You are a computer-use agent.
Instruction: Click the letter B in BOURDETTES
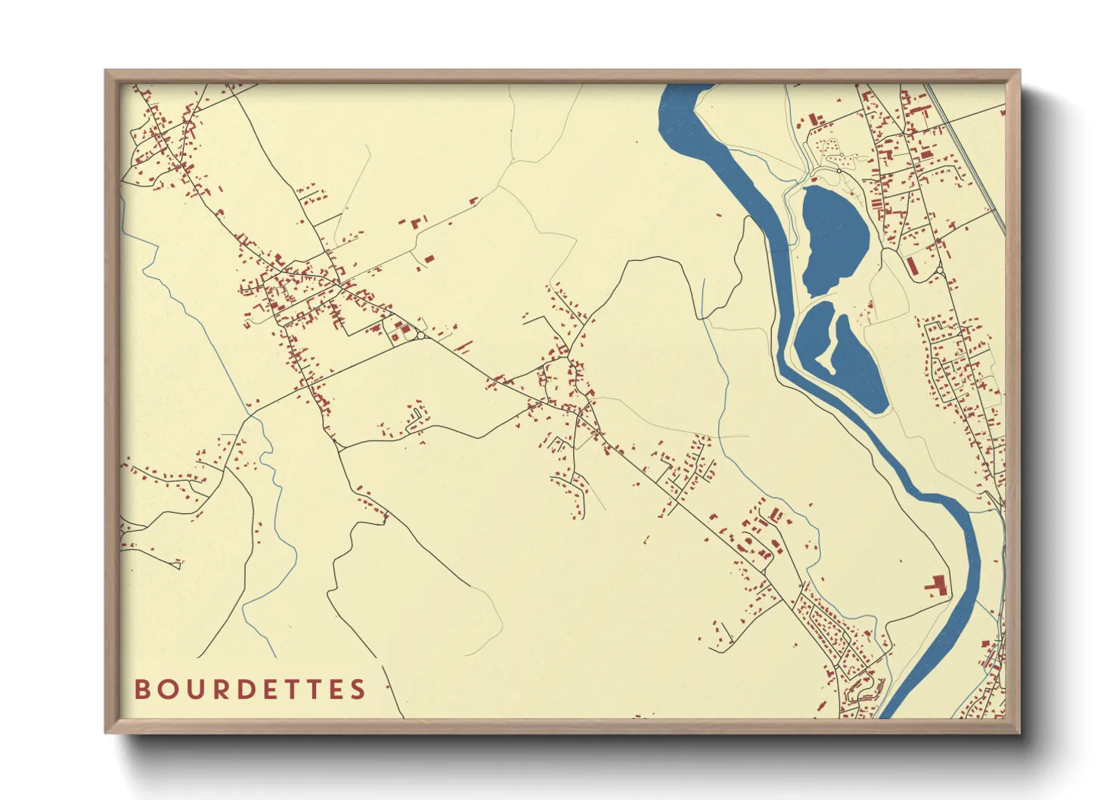142,689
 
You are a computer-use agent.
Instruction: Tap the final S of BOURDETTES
358,689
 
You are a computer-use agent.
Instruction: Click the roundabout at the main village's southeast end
420,334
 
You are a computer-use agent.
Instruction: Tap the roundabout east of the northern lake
940,271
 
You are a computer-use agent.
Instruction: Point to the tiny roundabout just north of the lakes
838,172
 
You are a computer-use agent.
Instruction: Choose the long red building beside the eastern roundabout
912,265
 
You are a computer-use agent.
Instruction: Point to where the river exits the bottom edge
890,715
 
